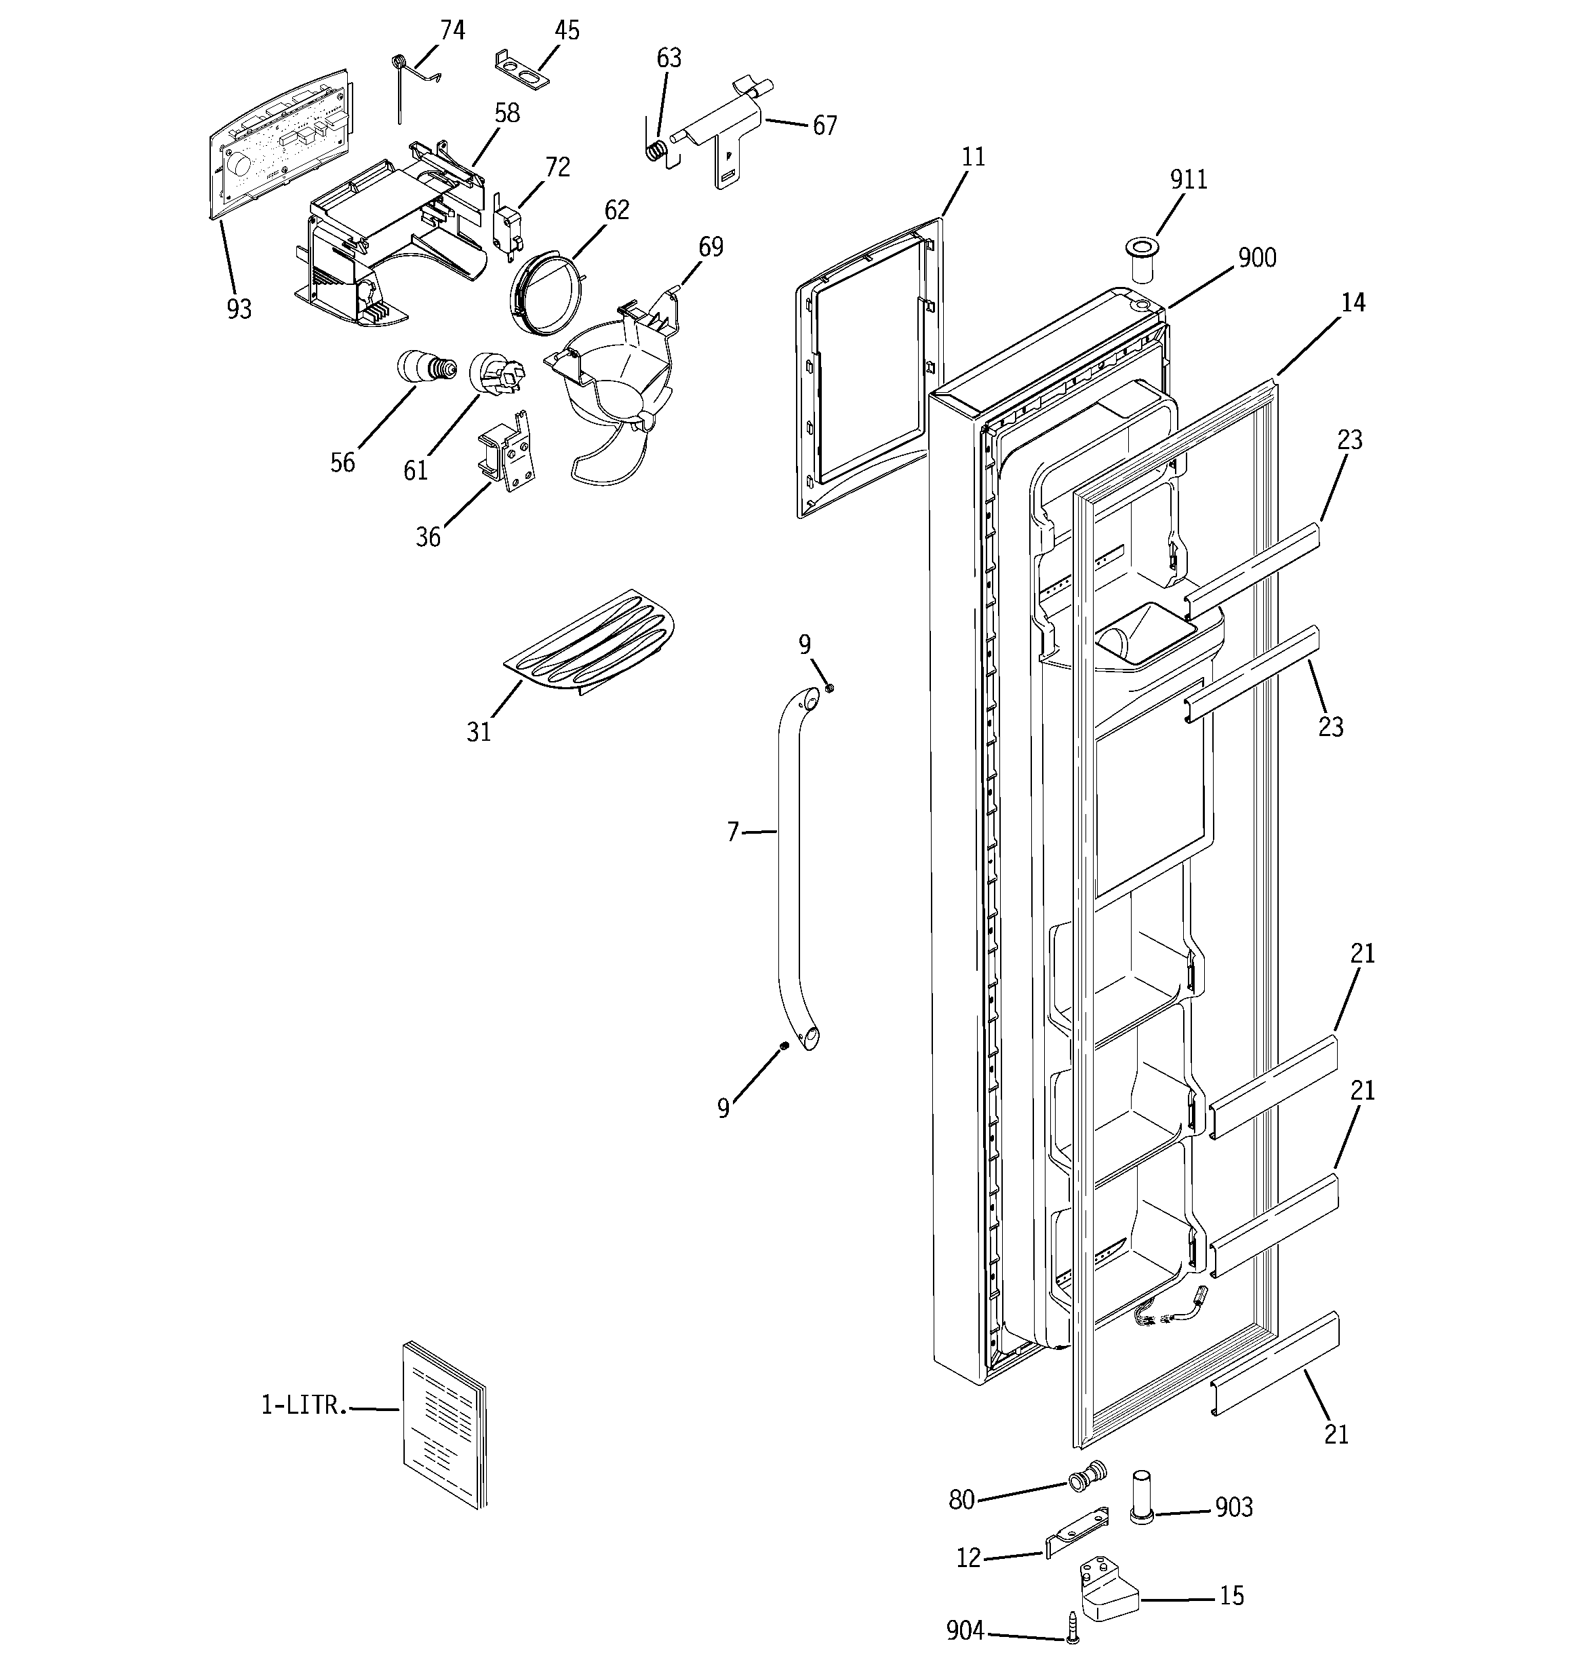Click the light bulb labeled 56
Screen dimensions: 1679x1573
(x=424, y=368)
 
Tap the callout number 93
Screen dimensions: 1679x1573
(x=239, y=309)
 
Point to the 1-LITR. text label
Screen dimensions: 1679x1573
(x=303, y=1404)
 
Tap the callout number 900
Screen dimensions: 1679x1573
(x=1256, y=258)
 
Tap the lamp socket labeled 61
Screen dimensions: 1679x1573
(x=496, y=374)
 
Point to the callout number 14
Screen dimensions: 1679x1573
(x=1353, y=303)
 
